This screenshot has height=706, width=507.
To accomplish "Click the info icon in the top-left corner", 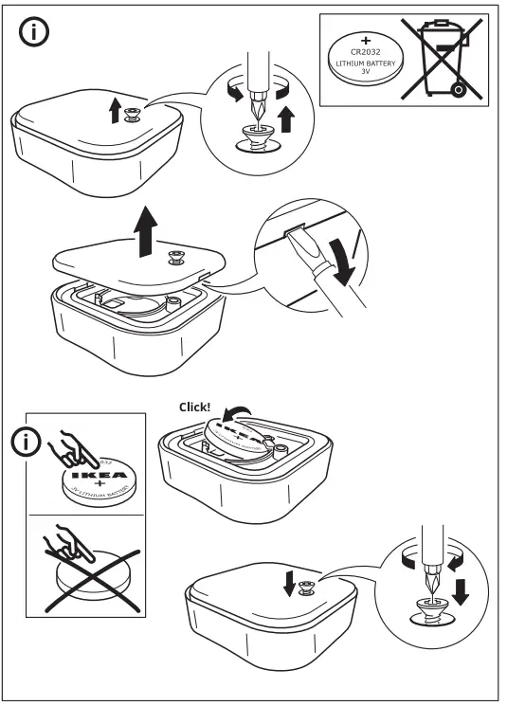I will (33, 32).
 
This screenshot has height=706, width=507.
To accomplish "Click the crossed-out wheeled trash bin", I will (442, 59).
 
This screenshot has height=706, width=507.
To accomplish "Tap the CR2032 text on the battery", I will (366, 51).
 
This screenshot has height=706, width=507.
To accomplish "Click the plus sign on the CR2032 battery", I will (366, 39).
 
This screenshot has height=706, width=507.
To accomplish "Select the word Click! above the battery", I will (195, 407).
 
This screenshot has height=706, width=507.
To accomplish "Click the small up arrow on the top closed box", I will (115, 112).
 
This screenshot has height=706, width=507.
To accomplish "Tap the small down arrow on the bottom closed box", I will (290, 585).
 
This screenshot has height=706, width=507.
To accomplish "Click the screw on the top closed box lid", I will (133, 112).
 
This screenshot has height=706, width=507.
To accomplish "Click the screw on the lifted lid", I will (176, 256).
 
